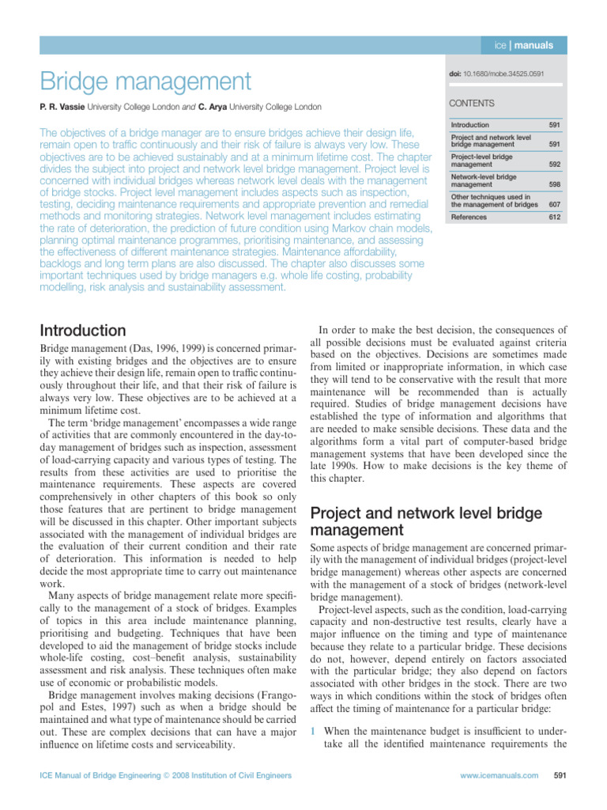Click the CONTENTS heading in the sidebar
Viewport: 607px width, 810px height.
click(x=472, y=103)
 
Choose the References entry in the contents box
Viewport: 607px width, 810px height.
click(x=469, y=217)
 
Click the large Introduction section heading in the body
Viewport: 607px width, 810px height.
click(x=82, y=330)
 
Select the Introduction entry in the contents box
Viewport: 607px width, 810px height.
click(x=470, y=125)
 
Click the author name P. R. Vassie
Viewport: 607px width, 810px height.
click(x=62, y=106)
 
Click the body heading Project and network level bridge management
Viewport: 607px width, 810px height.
click(x=426, y=521)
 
